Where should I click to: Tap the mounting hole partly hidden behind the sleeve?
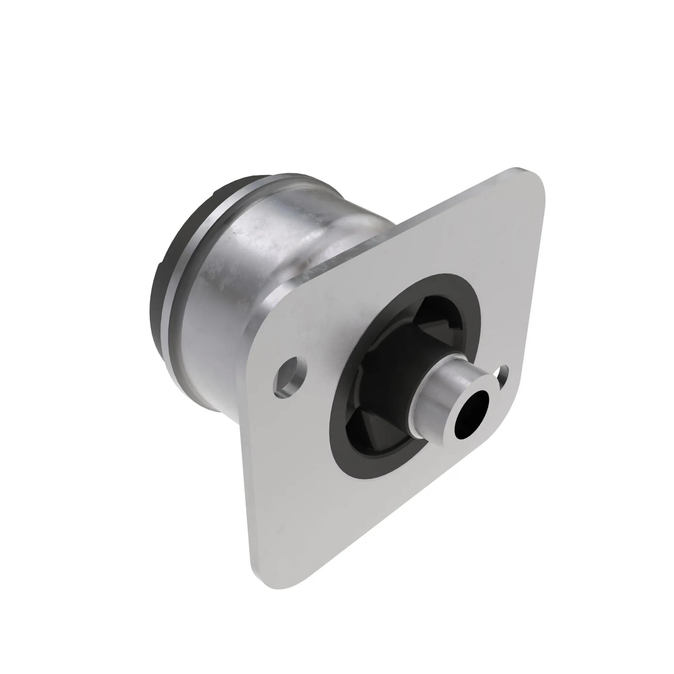point(505,372)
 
